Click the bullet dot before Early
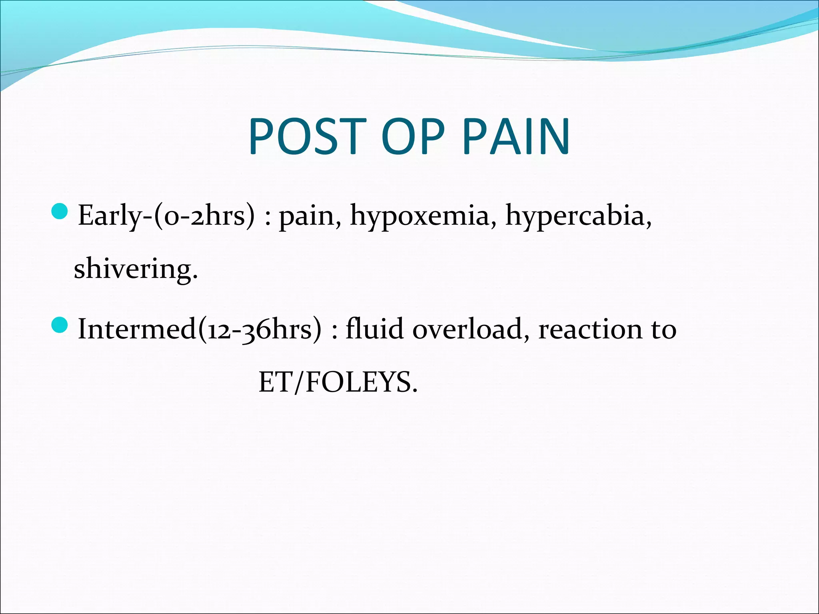pyautogui.click(x=60, y=211)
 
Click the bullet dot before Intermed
pyautogui.click(x=60, y=325)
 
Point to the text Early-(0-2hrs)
pyautogui.click(x=166, y=216)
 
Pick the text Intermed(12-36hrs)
pyautogui.click(x=199, y=329)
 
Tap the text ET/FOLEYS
pyautogui.click(x=338, y=382)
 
